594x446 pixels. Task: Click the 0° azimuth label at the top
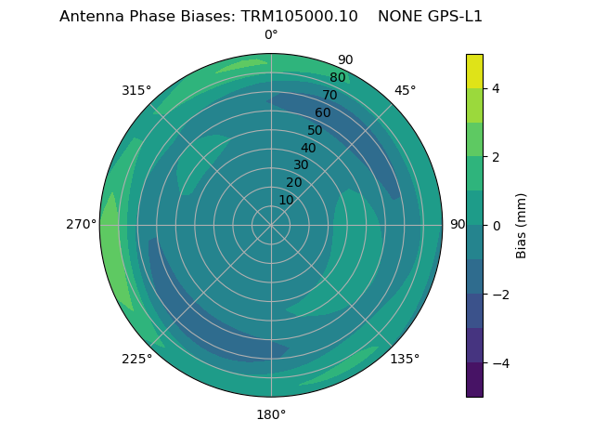pyautogui.click(x=271, y=35)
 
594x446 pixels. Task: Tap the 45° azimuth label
pyautogui.click(x=405, y=90)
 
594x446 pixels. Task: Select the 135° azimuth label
pyautogui.click(x=405, y=359)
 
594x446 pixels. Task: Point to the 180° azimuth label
pyautogui.click(x=271, y=414)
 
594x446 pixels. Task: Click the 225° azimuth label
pyautogui.click(x=136, y=359)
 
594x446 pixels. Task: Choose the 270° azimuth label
pyautogui.click(x=82, y=225)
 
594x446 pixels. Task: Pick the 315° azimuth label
pyautogui.click(x=136, y=90)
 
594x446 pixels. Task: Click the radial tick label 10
pyautogui.click(x=286, y=200)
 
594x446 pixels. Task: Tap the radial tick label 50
pyautogui.click(x=315, y=130)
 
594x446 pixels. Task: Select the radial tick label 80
pyautogui.click(x=337, y=78)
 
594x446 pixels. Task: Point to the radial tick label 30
pyautogui.click(x=301, y=165)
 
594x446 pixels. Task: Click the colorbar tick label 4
pyautogui.click(x=496, y=88)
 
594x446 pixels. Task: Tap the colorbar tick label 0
pyautogui.click(x=496, y=226)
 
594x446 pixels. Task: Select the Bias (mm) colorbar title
pyautogui.click(x=522, y=226)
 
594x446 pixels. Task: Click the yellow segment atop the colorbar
pyautogui.click(x=474, y=71)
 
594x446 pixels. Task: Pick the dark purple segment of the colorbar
pyautogui.click(x=474, y=380)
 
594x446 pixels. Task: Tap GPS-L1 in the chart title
pyautogui.click(x=451, y=17)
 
